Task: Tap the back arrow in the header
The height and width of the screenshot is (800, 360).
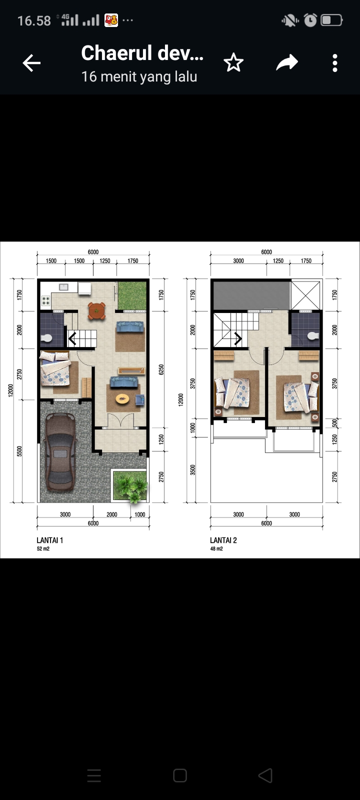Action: (x=32, y=63)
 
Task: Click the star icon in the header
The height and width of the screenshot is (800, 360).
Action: (x=233, y=62)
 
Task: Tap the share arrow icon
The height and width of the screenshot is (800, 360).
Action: (x=287, y=62)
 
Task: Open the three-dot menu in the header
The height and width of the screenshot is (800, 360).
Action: (x=334, y=63)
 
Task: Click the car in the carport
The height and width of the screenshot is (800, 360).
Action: (x=60, y=451)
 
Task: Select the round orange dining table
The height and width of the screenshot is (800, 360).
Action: (x=97, y=310)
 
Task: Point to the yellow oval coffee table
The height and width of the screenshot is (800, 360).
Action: (x=122, y=398)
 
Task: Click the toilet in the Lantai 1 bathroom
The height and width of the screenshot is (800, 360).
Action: (x=46, y=338)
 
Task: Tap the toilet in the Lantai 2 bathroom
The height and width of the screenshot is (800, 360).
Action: (x=313, y=335)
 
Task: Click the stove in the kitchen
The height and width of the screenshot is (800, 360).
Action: (x=45, y=300)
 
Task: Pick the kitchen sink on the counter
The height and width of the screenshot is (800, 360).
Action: (x=63, y=287)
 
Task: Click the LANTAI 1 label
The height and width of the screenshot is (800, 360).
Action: (x=49, y=540)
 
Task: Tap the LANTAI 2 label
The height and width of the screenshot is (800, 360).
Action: (x=223, y=540)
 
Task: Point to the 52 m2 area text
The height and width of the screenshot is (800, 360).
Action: (x=43, y=548)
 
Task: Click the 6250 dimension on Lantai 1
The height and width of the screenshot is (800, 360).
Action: (x=161, y=369)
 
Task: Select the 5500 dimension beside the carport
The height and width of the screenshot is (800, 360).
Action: (x=19, y=451)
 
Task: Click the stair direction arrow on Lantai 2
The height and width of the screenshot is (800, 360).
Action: (x=238, y=338)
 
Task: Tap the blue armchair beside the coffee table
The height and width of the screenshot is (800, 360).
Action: (x=139, y=399)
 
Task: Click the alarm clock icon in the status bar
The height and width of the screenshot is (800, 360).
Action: (x=310, y=20)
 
